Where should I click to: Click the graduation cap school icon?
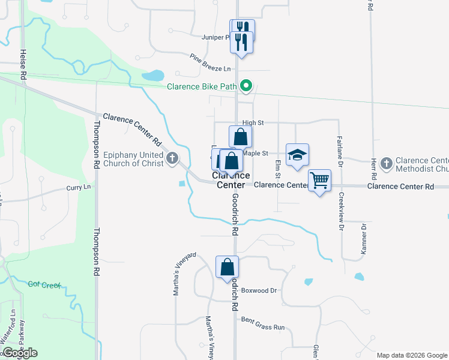[297, 155]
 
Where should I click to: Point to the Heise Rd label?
[23, 65]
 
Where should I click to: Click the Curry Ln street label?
[78, 188]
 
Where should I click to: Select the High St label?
[253, 122]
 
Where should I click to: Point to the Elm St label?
[278, 169]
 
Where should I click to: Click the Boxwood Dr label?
[259, 290]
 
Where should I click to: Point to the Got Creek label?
[44, 284]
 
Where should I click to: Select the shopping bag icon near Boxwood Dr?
[228, 267]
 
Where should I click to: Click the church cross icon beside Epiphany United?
[172, 158]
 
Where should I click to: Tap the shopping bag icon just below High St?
[240, 137]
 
